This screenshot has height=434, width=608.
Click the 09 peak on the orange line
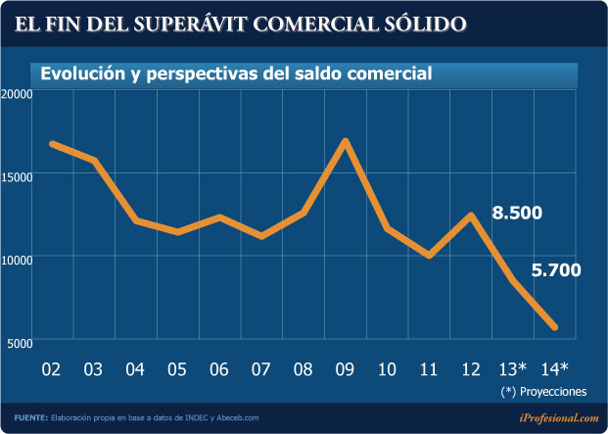pos(346,142)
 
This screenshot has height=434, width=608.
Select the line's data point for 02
pos(52,144)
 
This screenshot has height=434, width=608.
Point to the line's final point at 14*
pos(555,326)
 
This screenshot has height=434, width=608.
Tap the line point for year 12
pos(472,216)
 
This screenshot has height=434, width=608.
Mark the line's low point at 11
pos(429,255)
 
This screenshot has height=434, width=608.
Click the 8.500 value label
pos(517,214)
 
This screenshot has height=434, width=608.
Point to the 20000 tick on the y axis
pos(18,93)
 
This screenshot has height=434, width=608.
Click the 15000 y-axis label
pos(18,175)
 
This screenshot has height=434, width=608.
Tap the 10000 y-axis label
pos(18,259)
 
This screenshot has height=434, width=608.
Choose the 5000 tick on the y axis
pos(21,342)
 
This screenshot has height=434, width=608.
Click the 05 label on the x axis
pos(177,369)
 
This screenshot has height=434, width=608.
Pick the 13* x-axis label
pos(513,369)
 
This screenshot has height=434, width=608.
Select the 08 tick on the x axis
pos(303,369)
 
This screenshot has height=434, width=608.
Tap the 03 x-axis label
pos(93,369)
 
